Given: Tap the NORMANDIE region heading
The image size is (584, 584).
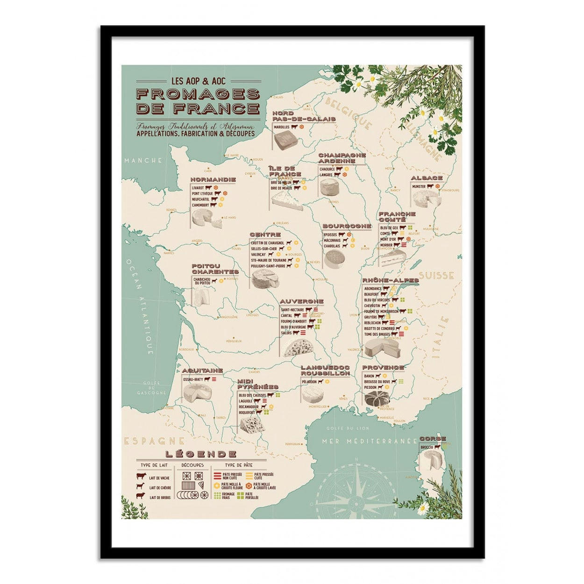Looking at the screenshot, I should tap(213, 179).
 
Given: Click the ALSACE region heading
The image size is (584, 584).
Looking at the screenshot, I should tap(427, 178).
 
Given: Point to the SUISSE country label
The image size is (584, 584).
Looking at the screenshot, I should tap(436, 276).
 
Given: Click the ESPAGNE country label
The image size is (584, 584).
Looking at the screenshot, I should tap(154, 441).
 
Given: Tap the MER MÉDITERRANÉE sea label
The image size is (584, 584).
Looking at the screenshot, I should tap(369, 441).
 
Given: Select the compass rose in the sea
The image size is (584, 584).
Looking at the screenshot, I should tap(357, 490).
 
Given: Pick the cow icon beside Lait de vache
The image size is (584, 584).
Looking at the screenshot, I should tap(140, 477).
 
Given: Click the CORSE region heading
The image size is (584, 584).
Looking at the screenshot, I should tap(433, 439).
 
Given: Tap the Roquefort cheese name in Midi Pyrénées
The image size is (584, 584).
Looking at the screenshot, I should tap(246, 413).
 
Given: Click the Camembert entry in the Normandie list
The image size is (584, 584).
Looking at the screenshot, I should tap(199, 205).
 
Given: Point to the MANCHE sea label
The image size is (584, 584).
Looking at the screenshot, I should tap(143, 160).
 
